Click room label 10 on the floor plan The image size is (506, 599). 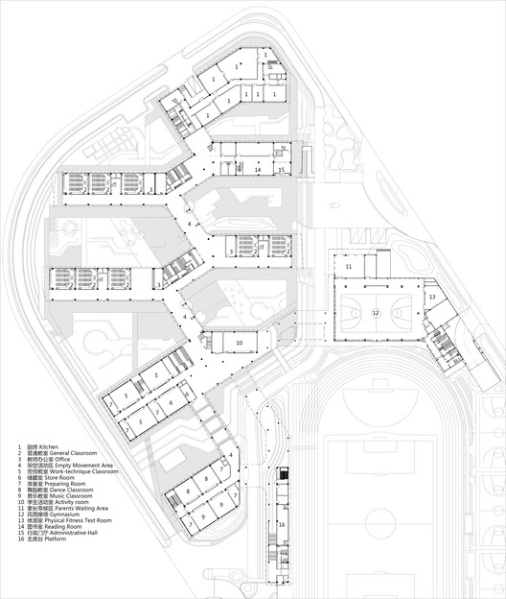point(240,341)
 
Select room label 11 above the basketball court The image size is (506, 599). point(349,266)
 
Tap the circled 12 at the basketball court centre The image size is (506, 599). point(376,313)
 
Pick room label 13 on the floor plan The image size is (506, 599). point(431,299)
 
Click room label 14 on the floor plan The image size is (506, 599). point(258,169)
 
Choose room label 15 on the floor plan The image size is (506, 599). point(282,169)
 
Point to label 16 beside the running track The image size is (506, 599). point(282,525)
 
